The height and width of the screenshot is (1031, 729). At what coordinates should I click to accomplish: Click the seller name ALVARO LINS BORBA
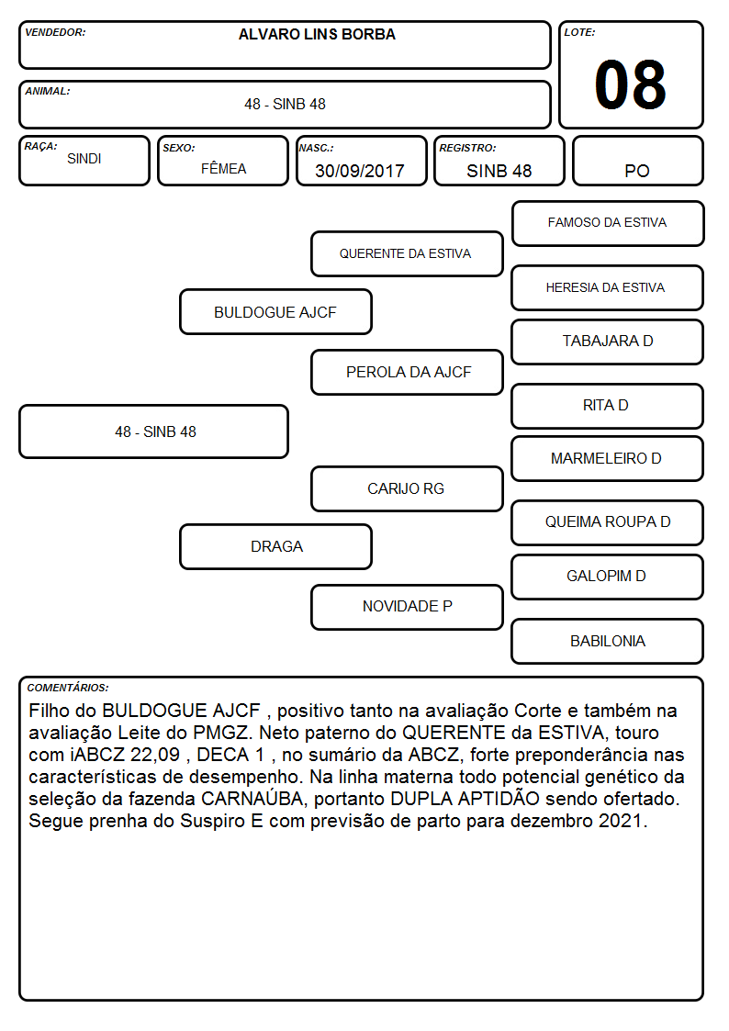(x=317, y=35)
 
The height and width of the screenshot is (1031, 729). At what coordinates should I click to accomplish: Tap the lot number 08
(x=631, y=84)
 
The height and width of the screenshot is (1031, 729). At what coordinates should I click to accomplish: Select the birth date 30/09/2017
(x=360, y=171)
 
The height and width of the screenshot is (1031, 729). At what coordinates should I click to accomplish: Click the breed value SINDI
(x=84, y=159)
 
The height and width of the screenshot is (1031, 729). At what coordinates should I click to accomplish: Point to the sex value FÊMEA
(x=223, y=168)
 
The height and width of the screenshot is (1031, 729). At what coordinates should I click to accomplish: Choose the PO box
(x=637, y=161)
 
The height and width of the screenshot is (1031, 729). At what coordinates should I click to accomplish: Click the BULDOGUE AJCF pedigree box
(x=276, y=311)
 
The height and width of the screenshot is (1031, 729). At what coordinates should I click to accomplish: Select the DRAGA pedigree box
(x=276, y=546)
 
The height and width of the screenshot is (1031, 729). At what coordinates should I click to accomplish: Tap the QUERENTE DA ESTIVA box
(x=407, y=253)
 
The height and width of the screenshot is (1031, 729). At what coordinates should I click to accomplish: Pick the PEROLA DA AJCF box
(x=407, y=372)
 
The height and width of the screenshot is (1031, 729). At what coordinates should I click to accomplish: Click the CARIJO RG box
(x=407, y=488)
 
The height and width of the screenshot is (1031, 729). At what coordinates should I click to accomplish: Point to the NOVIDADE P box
(x=407, y=607)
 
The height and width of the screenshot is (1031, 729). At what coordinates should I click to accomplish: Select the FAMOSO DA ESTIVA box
(x=608, y=224)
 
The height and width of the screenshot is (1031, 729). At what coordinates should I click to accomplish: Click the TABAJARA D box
(x=608, y=342)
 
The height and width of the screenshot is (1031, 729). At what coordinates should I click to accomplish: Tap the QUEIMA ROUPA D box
(x=608, y=522)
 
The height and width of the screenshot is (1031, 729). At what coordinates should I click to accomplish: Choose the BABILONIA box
(x=608, y=641)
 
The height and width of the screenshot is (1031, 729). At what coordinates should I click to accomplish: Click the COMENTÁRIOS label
(x=68, y=688)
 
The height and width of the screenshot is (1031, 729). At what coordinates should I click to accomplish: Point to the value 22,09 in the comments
(x=155, y=755)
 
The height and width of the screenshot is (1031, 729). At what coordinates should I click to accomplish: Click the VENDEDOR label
(x=55, y=32)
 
